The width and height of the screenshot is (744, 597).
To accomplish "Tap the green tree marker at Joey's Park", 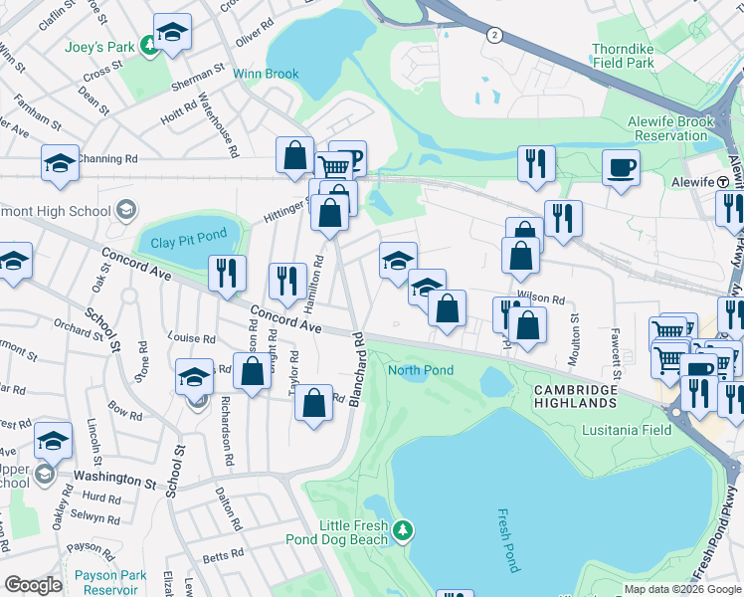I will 147,44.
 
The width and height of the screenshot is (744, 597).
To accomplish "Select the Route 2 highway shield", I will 493,35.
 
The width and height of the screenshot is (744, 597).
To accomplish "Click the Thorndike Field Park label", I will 638,55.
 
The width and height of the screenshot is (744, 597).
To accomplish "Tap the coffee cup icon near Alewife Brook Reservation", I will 622,166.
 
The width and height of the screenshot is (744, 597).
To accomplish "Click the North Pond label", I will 420,370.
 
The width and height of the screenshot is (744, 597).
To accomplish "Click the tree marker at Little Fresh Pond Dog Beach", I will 402,529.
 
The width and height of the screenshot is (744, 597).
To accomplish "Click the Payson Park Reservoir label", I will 109,582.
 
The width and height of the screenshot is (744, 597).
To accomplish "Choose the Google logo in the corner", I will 34,585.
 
